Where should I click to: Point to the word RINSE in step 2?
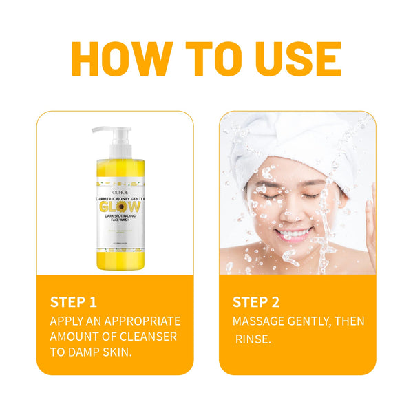(253, 339)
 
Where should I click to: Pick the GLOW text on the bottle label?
(118, 207)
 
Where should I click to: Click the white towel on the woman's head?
(275, 141)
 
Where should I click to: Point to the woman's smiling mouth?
(295, 233)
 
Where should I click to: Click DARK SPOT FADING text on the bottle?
(118, 220)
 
